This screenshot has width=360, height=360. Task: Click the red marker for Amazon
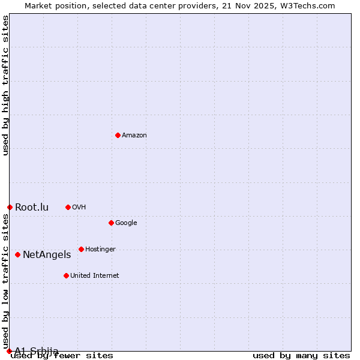(x=118, y=135)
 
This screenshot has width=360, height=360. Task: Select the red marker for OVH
(x=68, y=207)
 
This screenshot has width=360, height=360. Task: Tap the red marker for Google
(x=111, y=223)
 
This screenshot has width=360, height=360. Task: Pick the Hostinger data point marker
(x=81, y=249)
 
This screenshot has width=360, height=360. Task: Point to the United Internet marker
(x=66, y=275)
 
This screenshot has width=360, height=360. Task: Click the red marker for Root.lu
(x=10, y=207)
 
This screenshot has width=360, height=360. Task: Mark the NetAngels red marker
(x=17, y=254)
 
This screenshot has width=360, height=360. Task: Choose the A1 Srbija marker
(x=9, y=351)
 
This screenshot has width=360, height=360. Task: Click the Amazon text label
(x=134, y=135)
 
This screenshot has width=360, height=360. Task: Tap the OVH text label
(x=79, y=207)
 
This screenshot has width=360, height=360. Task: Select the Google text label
(x=126, y=223)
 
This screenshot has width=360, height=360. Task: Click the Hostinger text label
(x=100, y=249)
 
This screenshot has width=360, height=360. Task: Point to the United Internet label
(x=94, y=275)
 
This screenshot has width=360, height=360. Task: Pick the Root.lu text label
(x=32, y=208)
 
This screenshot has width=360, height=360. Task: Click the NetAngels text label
(x=47, y=254)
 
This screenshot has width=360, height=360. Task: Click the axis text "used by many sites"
(x=301, y=355)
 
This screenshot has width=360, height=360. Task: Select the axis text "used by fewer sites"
(x=62, y=356)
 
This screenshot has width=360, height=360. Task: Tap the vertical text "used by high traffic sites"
(x=6, y=85)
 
